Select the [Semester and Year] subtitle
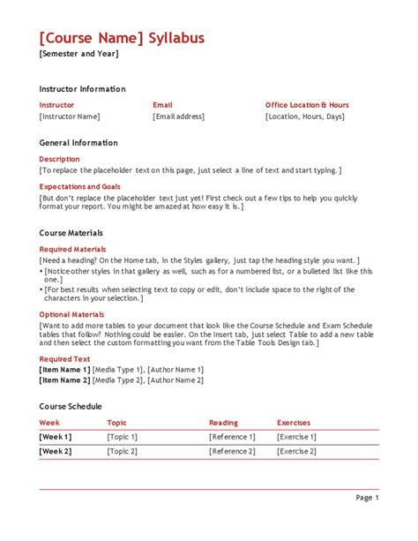(78, 54)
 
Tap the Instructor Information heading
(82, 89)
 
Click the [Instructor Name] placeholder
(70, 116)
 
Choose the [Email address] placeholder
(179, 116)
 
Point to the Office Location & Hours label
(307, 105)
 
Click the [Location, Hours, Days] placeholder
(305, 116)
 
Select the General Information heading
(78, 143)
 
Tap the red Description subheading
(59, 159)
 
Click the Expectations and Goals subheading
(80, 187)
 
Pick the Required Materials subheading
(72, 250)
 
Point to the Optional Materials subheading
(72, 314)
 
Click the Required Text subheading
(64, 359)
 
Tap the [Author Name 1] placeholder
(175, 370)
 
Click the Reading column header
(223, 423)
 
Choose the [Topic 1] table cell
(123, 437)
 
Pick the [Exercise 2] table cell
(296, 451)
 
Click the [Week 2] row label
(56, 451)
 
